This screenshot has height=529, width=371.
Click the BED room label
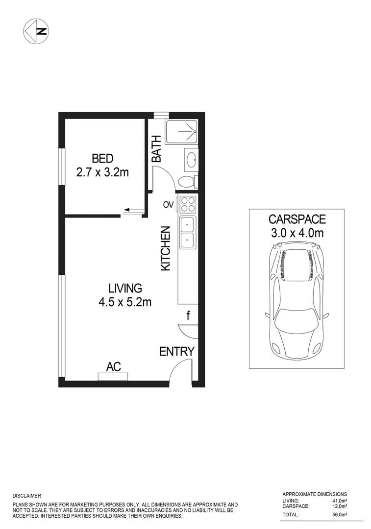click(102, 159)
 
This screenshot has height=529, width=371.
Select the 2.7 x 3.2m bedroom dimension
click(102, 172)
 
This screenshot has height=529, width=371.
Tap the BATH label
click(156, 149)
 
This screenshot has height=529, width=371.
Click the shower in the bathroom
click(181, 131)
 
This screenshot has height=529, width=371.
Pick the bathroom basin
click(191, 159)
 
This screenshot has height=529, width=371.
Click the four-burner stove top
click(188, 203)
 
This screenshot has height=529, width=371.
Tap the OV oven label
click(168, 205)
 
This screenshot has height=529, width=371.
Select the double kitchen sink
click(187, 232)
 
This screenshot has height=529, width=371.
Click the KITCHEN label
click(166, 248)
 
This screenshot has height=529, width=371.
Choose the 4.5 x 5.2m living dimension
click(125, 302)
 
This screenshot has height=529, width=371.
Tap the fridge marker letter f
click(188, 315)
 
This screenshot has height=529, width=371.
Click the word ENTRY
click(177, 351)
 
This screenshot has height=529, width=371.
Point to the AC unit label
click(114, 366)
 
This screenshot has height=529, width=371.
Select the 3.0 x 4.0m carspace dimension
click(297, 233)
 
